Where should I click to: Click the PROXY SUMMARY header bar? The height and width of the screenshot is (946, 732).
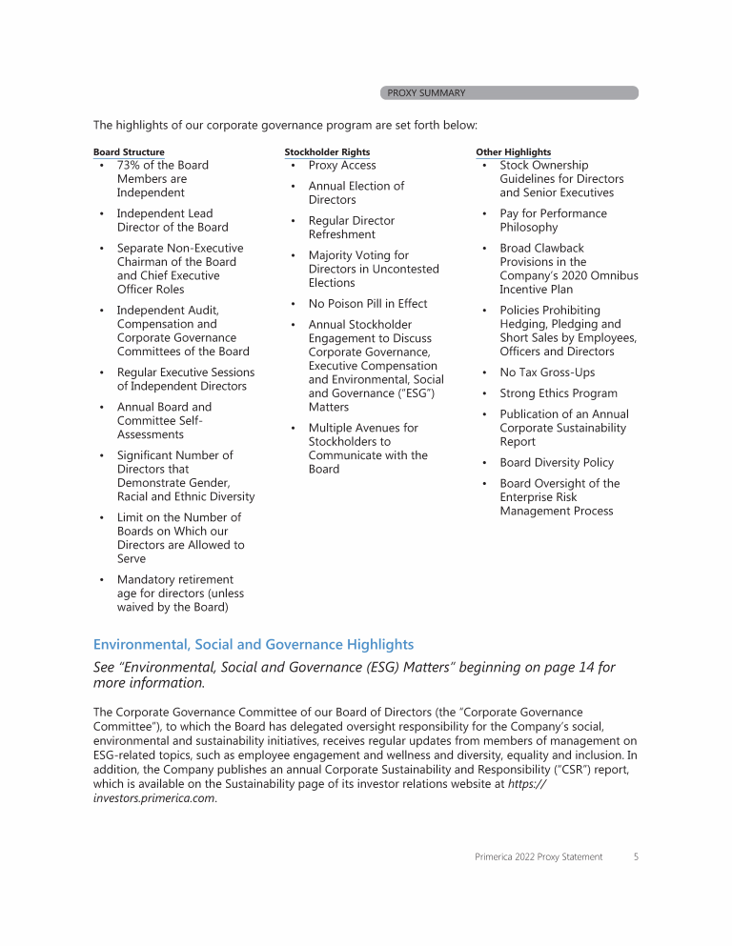(x=509, y=93)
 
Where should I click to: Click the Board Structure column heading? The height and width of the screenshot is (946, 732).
(x=129, y=152)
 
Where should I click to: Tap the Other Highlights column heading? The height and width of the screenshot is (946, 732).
(x=513, y=152)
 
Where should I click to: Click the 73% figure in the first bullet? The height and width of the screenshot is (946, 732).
(x=129, y=166)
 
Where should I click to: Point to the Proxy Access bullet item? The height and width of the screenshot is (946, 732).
(x=341, y=166)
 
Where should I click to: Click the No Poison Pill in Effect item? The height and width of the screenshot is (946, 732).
(x=367, y=304)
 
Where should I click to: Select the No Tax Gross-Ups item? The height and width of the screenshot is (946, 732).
(x=546, y=372)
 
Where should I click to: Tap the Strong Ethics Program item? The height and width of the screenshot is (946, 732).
(x=558, y=393)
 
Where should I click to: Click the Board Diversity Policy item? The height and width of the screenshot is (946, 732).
(x=557, y=463)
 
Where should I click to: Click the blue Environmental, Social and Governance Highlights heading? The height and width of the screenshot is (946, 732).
(x=254, y=645)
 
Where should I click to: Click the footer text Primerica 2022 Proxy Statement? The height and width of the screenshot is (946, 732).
(x=539, y=857)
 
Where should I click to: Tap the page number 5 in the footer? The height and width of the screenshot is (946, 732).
(x=636, y=857)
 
